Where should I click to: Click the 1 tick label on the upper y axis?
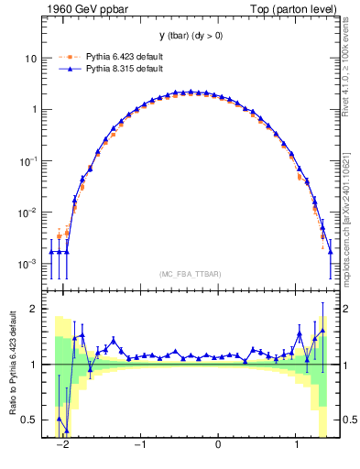(34, 110)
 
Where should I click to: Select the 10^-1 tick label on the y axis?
(28, 160)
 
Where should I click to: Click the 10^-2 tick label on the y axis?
(28, 212)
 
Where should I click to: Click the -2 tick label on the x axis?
(62, 445)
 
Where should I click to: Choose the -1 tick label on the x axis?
(140, 445)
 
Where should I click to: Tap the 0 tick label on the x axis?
(218, 445)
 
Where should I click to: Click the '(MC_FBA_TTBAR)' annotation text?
(190, 275)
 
